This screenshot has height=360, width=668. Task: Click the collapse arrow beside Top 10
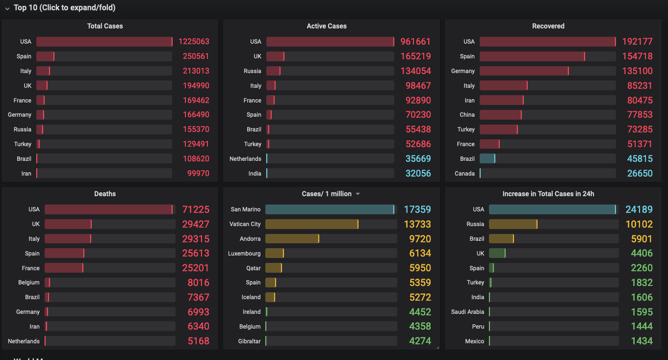tap(7, 8)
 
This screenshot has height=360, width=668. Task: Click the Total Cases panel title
tap(105, 26)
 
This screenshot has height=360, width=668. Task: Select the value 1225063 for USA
tap(194, 42)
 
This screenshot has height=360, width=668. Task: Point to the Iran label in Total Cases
tap(26, 174)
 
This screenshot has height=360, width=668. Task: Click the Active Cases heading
tap(327, 26)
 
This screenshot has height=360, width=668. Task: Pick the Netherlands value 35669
tap(418, 159)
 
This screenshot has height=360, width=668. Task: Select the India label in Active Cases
tap(255, 174)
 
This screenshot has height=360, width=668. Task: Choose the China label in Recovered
tap(467, 115)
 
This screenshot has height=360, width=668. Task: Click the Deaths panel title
tap(105, 194)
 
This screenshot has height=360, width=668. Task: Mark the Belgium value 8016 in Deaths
tap(198, 283)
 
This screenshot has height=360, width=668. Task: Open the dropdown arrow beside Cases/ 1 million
tap(358, 194)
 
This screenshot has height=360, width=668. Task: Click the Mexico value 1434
tap(642, 341)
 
